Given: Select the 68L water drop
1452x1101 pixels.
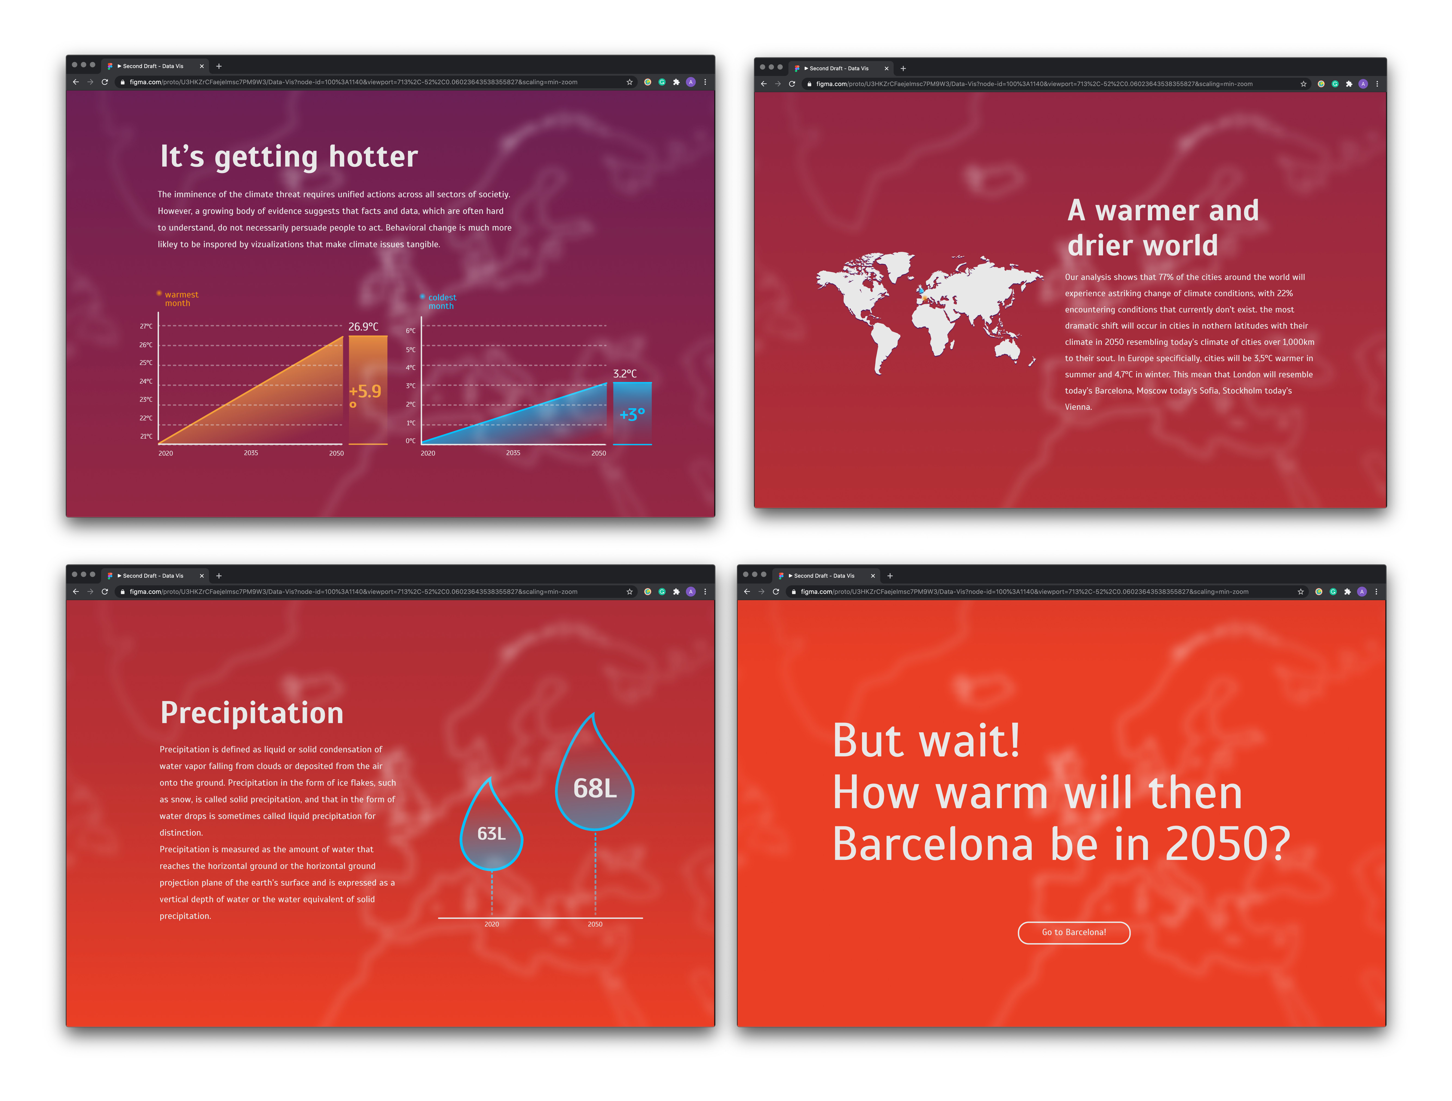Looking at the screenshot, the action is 595,778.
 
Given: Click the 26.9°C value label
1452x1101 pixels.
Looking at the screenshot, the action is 363,327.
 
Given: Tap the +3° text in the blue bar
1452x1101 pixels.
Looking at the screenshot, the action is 632,414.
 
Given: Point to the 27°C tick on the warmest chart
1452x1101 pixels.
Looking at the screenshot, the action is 146,326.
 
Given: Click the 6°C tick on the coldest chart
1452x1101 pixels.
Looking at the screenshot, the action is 411,331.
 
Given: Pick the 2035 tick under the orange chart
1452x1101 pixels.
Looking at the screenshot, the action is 251,453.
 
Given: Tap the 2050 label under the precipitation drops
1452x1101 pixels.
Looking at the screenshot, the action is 595,924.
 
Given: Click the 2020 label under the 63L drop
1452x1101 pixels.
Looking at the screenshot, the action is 492,924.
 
